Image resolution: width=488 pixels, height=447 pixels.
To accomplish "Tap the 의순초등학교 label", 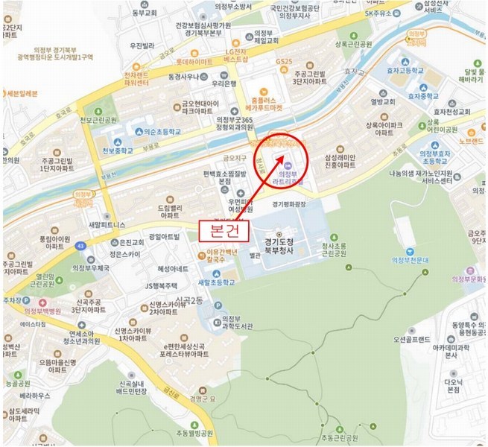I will pos(148,130).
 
